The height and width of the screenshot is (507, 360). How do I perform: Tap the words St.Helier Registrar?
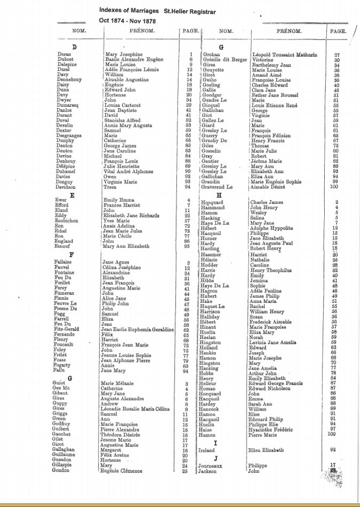click(x=190, y=10)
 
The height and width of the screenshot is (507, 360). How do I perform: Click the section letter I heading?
click(x=215, y=443)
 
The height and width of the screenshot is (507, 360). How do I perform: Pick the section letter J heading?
click(x=215, y=458)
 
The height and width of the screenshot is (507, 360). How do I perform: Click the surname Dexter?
click(x=64, y=130)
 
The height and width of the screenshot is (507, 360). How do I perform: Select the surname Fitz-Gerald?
click(x=68, y=329)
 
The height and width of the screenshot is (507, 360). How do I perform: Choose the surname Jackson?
click(x=207, y=471)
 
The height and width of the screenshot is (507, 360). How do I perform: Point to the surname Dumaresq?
click(x=67, y=105)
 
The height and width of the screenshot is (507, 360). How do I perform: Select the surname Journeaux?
click(x=210, y=465)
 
